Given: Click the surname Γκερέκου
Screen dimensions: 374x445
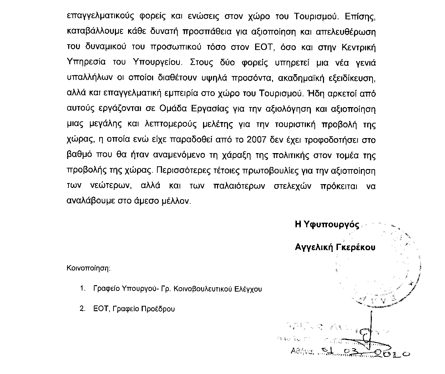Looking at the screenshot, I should click(x=356, y=247).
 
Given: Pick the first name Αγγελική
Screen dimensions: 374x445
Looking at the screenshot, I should click(x=314, y=247).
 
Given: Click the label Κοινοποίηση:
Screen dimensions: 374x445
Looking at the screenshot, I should click(x=89, y=268).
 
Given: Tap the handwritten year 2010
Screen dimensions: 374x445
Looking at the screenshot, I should click(x=393, y=353).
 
